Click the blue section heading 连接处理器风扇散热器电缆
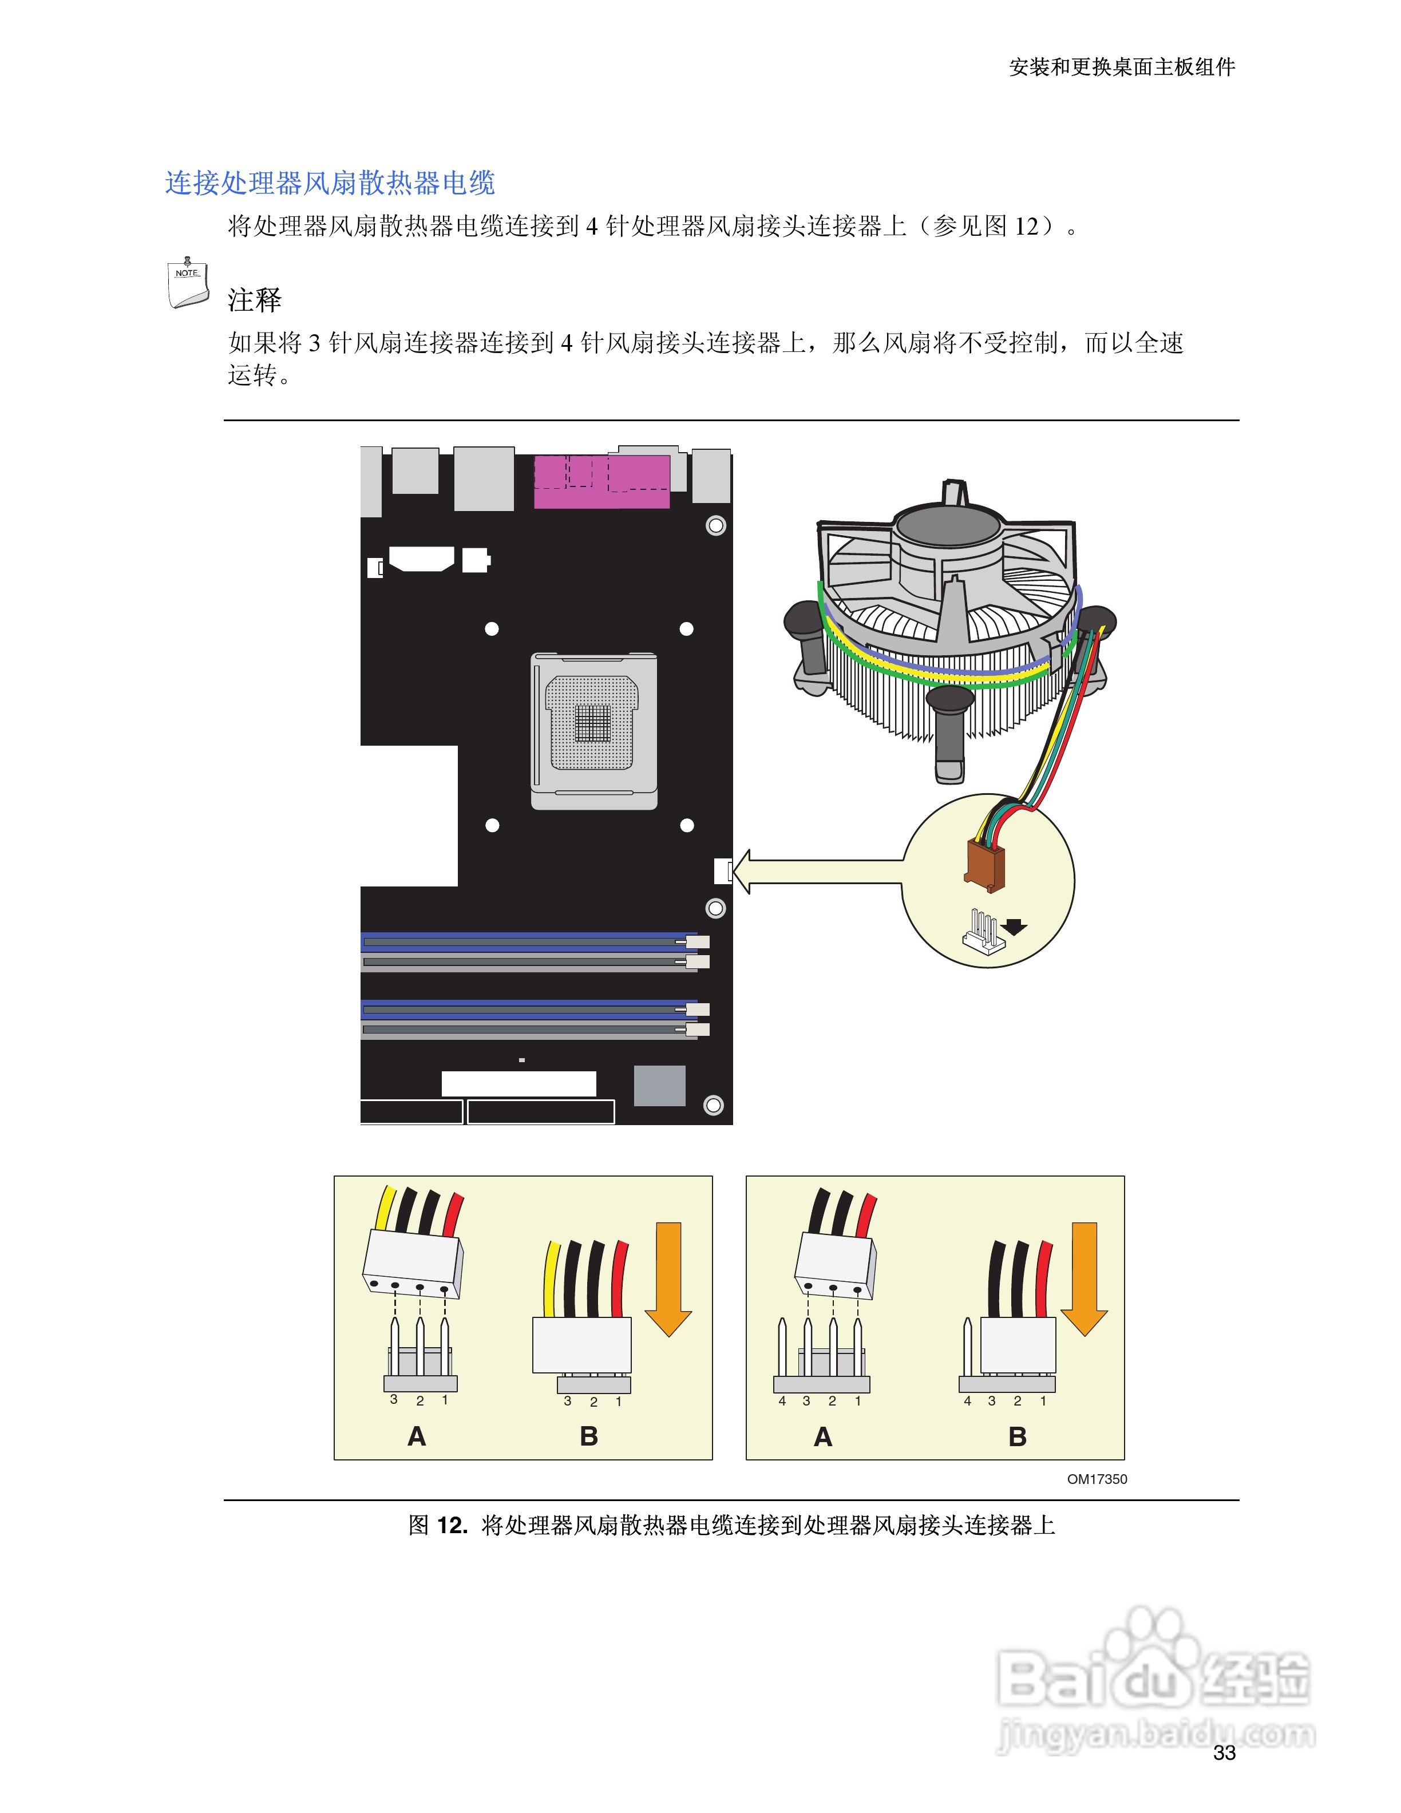330,183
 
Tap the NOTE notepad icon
188,284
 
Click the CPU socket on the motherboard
593,730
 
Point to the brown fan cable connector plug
985,864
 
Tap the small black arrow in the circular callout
1014,927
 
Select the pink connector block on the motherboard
601,481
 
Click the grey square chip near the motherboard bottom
660,1086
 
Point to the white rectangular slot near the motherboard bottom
519,1083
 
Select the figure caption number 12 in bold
452,1526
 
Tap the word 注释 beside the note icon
255,300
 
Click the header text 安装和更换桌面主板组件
1122,67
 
